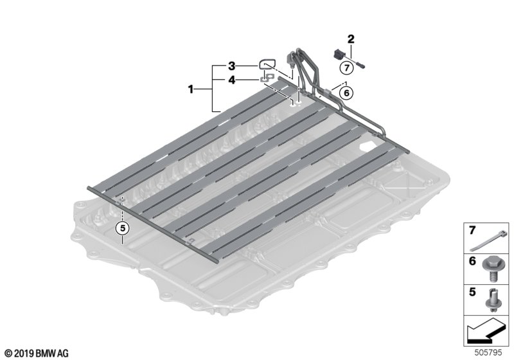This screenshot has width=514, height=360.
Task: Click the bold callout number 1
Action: (191, 89)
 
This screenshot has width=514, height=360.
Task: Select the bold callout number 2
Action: (351, 39)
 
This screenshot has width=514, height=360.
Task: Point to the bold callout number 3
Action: (232, 66)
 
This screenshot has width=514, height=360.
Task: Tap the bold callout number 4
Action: (232, 80)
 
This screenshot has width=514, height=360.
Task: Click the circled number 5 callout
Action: (123, 228)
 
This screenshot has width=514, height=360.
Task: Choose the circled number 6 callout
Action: (346, 93)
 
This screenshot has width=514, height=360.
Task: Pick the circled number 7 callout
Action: (346, 68)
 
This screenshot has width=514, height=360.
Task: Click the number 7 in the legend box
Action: (472, 231)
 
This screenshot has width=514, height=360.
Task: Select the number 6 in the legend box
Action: (472, 261)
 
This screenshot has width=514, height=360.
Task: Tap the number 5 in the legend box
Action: (472, 292)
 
